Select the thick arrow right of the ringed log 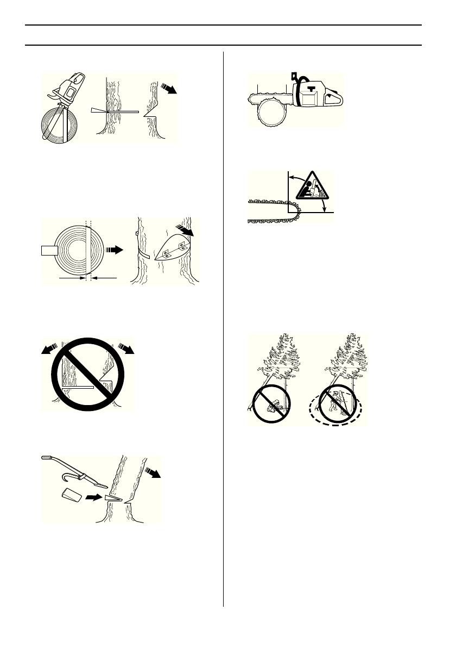pyautogui.click(x=115, y=250)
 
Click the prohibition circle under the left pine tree pyautogui.click(x=271, y=404)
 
